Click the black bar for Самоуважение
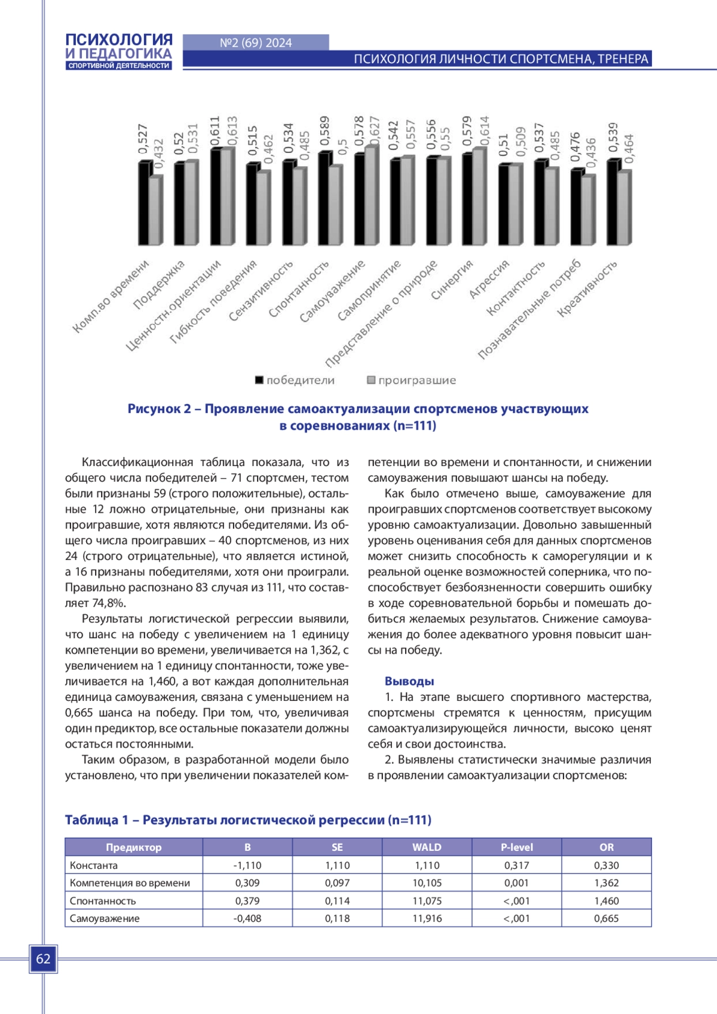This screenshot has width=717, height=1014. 359,200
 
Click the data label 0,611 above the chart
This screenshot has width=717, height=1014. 215,131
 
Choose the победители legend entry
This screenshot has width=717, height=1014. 295,381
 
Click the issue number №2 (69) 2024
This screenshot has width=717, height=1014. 256,43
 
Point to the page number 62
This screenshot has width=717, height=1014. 43,959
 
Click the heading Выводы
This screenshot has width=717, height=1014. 409,681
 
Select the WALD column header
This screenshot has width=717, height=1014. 427,847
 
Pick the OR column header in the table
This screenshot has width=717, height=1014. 606,847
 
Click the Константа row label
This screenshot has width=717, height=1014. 94,865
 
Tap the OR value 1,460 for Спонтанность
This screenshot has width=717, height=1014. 606,901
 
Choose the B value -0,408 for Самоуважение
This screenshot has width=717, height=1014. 247,918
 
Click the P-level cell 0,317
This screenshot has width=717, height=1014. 516,865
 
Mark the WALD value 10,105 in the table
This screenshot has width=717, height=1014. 427,883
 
